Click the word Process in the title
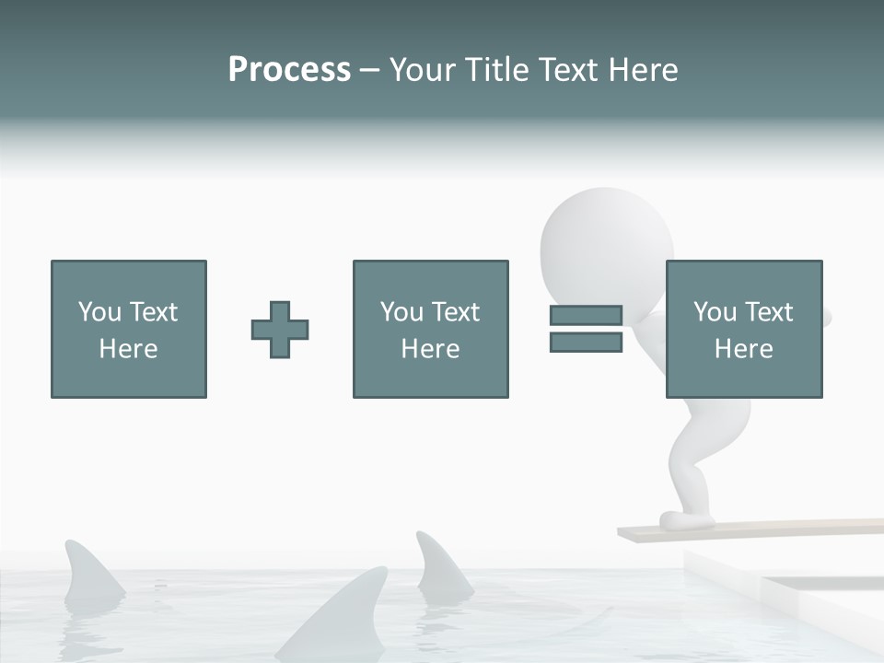pyautogui.click(x=289, y=70)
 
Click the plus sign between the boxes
pyautogui.click(x=280, y=330)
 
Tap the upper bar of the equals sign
pyautogui.click(x=586, y=315)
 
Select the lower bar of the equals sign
pyautogui.click(x=586, y=343)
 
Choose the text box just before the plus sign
pyautogui.click(x=129, y=329)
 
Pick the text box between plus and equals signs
pyautogui.click(x=430, y=329)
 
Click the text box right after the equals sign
pyautogui.click(x=744, y=329)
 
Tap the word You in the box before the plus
pyautogui.click(x=99, y=312)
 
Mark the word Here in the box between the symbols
pyautogui.click(x=430, y=349)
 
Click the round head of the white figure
pyautogui.click(x=605, y=241)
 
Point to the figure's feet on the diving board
pyautogui.click(x=687, y=520)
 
